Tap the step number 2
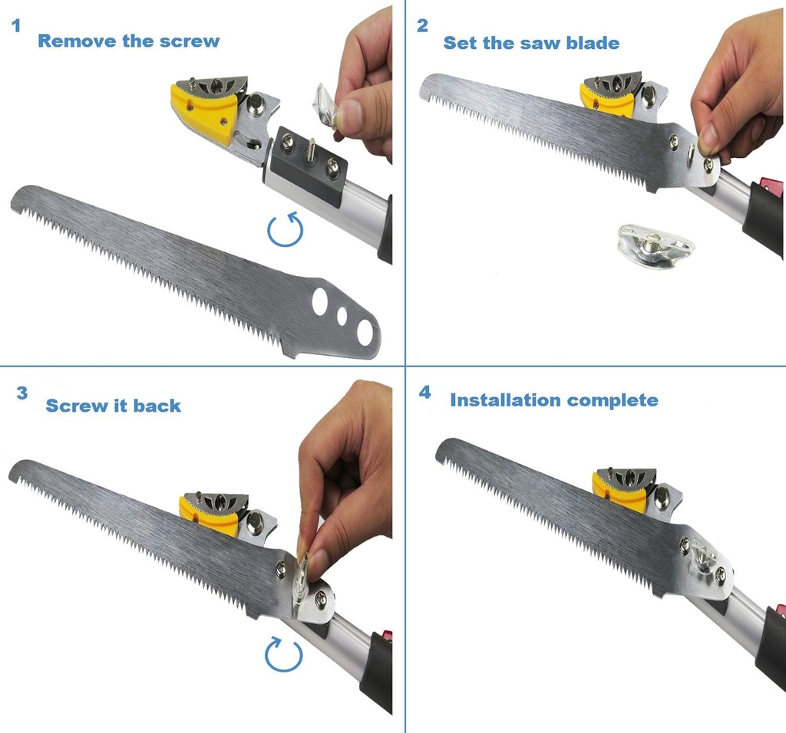(422, 26)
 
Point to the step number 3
(22, 393)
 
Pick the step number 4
(424, 393)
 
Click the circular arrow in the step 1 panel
(284, 228)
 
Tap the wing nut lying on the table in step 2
(656, 245)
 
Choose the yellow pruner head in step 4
(620, 491)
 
